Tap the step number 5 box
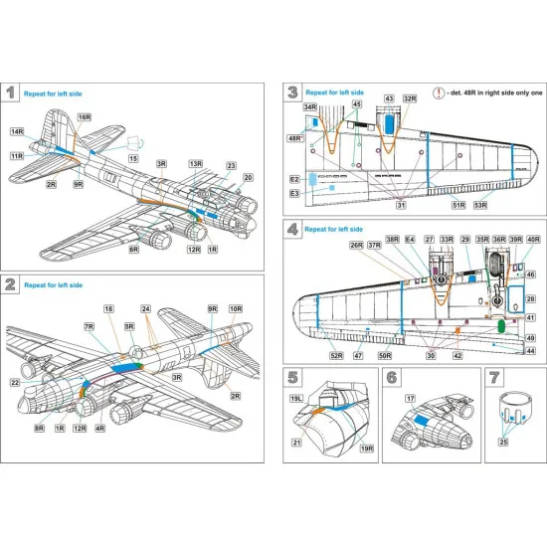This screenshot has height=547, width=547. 294,377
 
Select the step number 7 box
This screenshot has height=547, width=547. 494,377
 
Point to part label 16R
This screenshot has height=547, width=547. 85,116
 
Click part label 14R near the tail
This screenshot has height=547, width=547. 17,130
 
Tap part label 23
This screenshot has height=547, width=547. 231,166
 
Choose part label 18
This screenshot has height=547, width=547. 109,310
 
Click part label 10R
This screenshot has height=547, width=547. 235,309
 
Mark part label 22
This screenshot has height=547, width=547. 14,383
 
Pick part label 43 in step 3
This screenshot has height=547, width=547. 389,99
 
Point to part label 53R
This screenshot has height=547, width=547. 481,206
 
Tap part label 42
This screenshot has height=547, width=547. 457,355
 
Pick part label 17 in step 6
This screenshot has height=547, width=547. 408,398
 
